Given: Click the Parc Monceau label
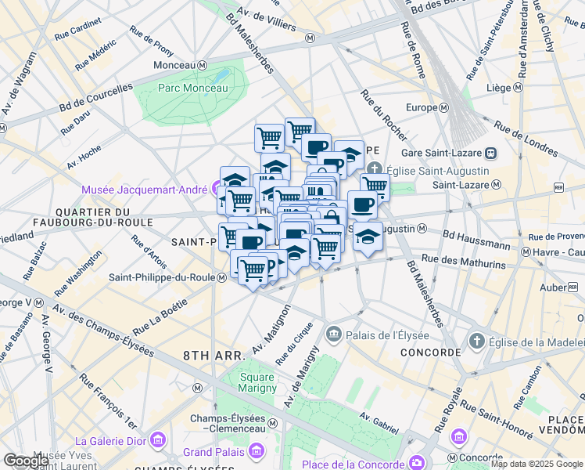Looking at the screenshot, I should (192, 88).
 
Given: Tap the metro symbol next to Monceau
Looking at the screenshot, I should (202, 64).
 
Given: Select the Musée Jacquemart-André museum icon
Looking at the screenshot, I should (217, 188).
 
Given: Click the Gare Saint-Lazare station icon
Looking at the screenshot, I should (491, 153).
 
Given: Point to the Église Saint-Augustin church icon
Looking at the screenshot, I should (375, 170).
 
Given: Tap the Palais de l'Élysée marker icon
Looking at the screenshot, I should (334, 334).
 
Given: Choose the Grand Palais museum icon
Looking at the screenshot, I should (256, 451).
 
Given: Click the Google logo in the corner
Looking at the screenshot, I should (26, 461).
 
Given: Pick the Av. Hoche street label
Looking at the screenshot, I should (84, 155).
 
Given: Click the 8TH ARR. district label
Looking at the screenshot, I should (214, 355).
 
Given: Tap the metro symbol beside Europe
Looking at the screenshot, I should (443, 107).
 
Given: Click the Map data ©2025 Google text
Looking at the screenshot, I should (536, 464).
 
